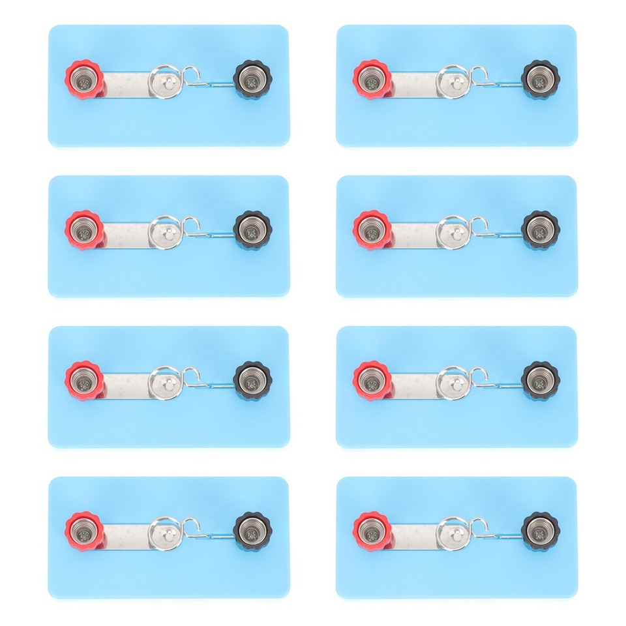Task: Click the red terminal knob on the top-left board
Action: (x=84, y=80)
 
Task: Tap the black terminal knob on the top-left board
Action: (x=252, y=80)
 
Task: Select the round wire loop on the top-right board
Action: (x=452, y=80)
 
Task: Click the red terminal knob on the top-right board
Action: (x=372, y=80)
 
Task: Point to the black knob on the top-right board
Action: (x=541, y=80)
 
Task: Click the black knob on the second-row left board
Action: (x=252, y=230)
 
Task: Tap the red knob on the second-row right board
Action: (x=372, y=230)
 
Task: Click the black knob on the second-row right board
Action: (x=541, y=230)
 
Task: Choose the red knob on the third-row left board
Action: (x=84, y=380)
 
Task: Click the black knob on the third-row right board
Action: (x=541, y=380)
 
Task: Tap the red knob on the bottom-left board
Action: (x=84, y=531)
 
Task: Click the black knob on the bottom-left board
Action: (x=252, y=531)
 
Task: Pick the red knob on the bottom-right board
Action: (x=372, y=531)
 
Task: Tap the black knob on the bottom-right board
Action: (x=541, y=531)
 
